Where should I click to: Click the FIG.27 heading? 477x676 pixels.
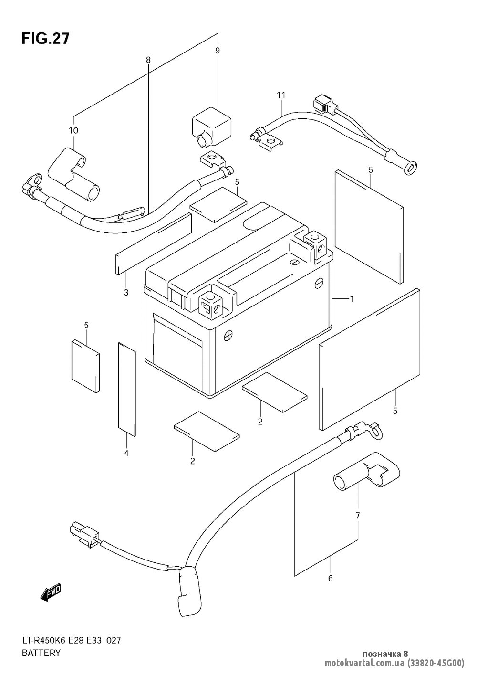coord(45,39)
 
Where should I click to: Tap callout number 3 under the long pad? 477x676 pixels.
coord(126,292)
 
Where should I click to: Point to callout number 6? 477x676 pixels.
coord(330,578)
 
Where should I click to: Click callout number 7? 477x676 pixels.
coord(358,516)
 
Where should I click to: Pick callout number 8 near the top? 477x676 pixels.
coord(148,60)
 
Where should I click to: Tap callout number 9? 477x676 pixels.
coord(218,51)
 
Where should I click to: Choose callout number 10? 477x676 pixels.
coord(73,130)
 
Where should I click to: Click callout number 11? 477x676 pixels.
coord(280,95)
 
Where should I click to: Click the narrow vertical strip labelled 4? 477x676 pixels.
coord(126,390)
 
